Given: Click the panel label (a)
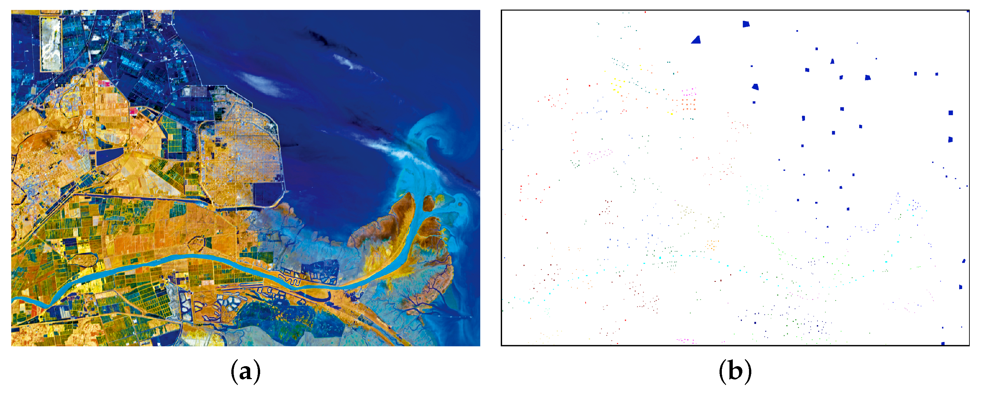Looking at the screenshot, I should (x=245, y=371).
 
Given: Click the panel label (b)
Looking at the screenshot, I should (x=735, y=371).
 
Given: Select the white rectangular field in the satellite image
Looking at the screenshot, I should (x=51, y=44).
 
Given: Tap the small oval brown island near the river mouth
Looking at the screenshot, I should (x=428, y=203).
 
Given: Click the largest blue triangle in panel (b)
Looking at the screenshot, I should (x=696, y=40).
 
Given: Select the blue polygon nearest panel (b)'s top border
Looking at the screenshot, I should (x=746, y=24).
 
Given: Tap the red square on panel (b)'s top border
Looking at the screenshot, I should (x=645, y=12).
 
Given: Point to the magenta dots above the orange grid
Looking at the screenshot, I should (x=690, y=92).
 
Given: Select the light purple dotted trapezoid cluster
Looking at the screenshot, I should (x=600, y=154).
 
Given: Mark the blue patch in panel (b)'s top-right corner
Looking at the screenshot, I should (x=968, y=12).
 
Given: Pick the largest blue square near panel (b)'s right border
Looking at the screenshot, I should (x=951, y=113).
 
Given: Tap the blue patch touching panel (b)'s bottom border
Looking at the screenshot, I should (x=943, y=343).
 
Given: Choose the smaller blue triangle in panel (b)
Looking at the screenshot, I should (x=832, y=61).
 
